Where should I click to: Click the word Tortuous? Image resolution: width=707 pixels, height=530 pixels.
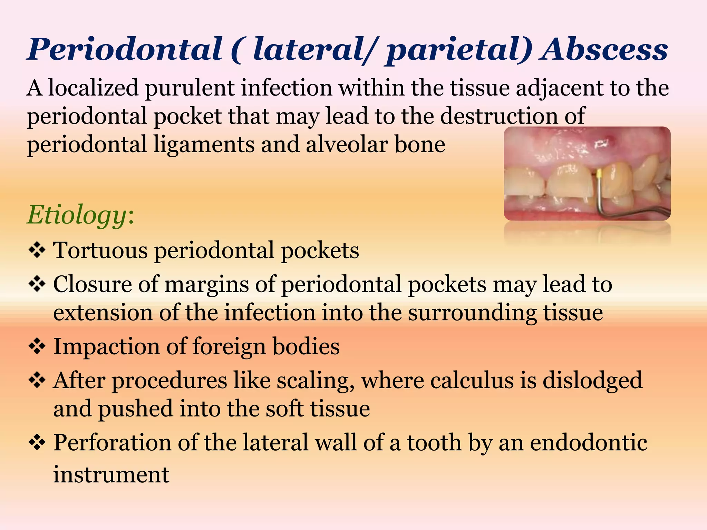(100, 250)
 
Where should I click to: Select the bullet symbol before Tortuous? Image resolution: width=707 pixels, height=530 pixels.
(37, 251)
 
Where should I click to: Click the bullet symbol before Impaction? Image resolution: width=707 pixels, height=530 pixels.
(37, 347)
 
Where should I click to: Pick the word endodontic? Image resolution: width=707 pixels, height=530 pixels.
(588, 443)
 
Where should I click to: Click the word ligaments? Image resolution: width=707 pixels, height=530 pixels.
(204, 145)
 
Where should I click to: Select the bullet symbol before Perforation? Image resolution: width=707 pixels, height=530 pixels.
(37, 443)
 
